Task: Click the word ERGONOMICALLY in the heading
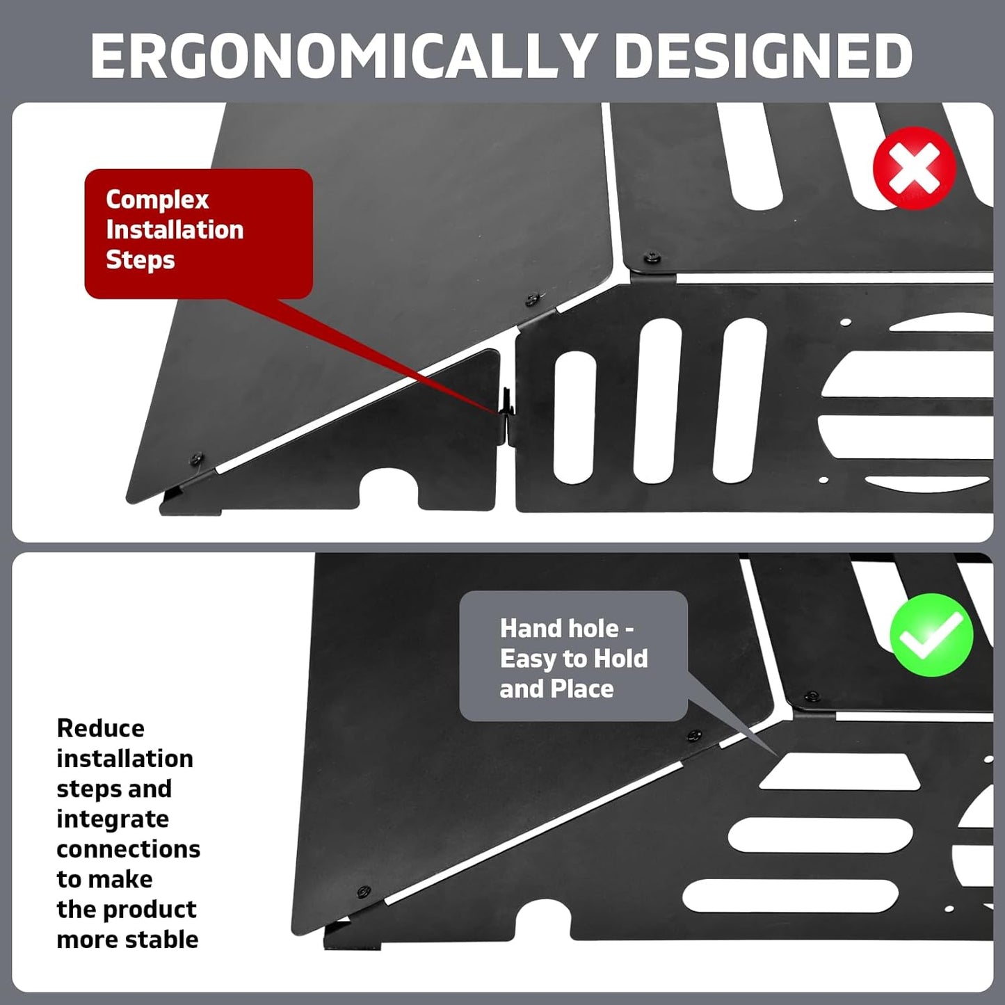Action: tap(344, 56)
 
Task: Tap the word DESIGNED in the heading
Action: tap(764, 56)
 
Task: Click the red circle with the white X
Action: tap(915, 168)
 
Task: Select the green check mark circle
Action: tap(931, 635)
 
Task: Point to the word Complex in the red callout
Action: tap(157, 200)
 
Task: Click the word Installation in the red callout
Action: tap(175, 230)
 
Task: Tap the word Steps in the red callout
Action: tap(140, 260)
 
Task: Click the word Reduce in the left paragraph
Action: tap(101, 728)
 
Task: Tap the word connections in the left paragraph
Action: tap(128, 849)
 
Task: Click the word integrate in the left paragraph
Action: tap(113, 819)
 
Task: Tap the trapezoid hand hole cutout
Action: tap(839, 771)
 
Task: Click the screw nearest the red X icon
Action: tap(652, 257)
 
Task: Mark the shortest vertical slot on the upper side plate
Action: tap(574, 417)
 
